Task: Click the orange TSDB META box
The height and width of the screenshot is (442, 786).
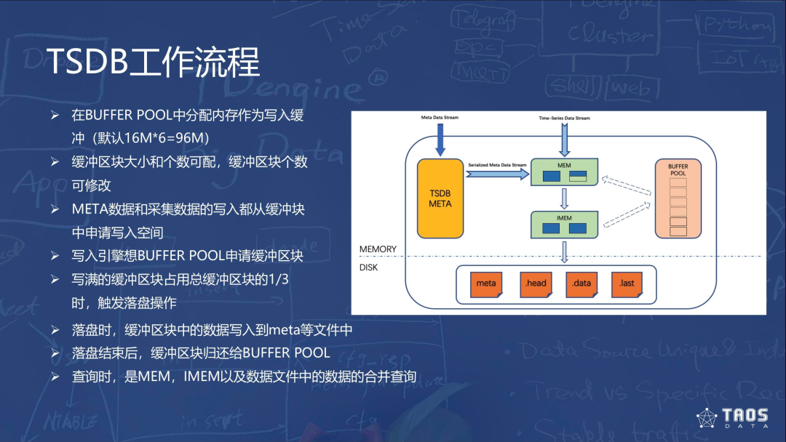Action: coord(440,198)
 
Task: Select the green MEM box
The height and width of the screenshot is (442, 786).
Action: coord(564,171)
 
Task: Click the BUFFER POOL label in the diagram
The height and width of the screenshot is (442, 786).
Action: coord(678,169)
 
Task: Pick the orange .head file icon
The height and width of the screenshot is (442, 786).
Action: coord(535,283)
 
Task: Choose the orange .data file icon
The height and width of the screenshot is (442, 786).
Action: coord(581,283)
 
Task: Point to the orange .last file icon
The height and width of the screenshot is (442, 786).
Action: coord(627,283)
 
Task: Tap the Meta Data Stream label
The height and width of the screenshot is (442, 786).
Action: coord(440,117)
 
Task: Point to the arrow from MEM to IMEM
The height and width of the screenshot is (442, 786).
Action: coord(564,198)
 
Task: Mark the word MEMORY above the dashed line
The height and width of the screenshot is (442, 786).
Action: coord(378,249)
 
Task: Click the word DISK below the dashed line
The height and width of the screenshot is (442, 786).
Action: coord(370,268)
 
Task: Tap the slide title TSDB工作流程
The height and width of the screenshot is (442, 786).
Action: coord(154,63)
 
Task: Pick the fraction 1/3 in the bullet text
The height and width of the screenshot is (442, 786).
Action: coord(279,279)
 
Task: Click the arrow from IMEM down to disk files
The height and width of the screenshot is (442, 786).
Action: coord(564,251)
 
